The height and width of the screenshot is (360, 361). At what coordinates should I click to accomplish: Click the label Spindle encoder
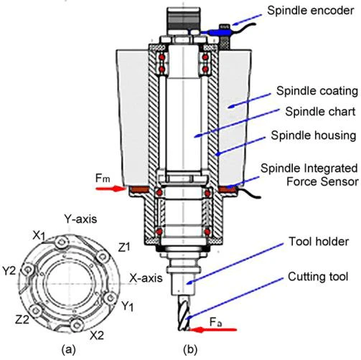tap(310, 10)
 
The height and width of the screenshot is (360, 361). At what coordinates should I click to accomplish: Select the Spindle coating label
tap(317, 91)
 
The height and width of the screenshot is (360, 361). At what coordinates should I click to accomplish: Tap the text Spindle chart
tap(320, 111)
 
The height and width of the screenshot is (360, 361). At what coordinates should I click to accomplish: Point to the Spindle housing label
tap(314, 136)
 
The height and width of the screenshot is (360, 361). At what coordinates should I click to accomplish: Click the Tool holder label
tap(319, 242)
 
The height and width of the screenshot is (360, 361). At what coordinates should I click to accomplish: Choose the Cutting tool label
tap(318, 277)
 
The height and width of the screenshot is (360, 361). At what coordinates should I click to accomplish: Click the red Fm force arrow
tap(111, 189)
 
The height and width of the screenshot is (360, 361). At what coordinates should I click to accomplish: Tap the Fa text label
tap(215, 322)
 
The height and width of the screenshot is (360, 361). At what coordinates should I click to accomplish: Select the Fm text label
tap(103, 178)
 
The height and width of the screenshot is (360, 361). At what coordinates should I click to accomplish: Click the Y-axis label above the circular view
tap(80, 219)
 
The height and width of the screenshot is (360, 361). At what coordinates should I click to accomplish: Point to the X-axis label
tap(146, 278)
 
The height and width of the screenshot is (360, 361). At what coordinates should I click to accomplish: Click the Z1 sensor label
tap(124, 247)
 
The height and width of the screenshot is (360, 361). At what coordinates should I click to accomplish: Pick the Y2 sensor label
tap(9, 271)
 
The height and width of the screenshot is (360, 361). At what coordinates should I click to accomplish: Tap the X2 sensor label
tap(97, 336)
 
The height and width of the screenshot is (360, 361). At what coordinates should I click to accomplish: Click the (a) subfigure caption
tap(69, 350)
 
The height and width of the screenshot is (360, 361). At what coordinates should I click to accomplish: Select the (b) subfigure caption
tap(190, 350)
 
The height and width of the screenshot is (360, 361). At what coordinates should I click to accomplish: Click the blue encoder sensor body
tap(219, 32)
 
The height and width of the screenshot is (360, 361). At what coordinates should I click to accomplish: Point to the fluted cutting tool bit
tap(184, 313)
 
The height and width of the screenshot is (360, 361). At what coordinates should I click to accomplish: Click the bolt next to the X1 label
tap(62, 242)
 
